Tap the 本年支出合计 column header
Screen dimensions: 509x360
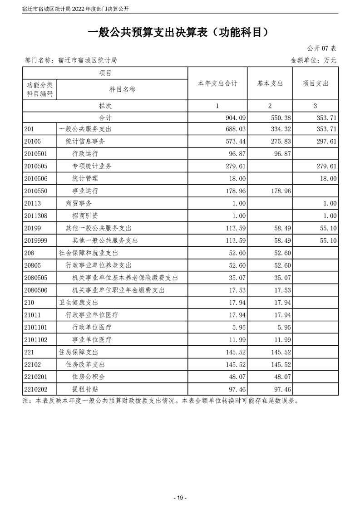(x=217, y=83)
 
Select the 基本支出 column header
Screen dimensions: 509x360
(x=270, y=83)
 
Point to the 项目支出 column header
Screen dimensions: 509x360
(x=315, y=83)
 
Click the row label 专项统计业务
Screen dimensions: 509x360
(x=92, y=166)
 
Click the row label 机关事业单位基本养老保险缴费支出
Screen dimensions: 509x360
(x=124, y=278)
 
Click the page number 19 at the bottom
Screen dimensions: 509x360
(x=180, y=498)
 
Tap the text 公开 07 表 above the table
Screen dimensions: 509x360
(x=321, y=48)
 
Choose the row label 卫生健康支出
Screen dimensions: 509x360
(x=79, y=302)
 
